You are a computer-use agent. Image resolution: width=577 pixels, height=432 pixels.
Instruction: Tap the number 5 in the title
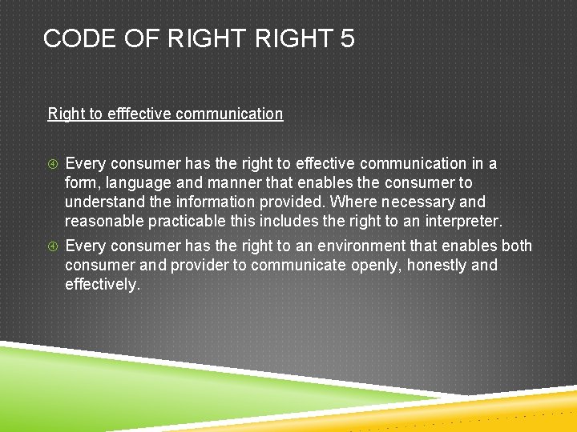[347, 38]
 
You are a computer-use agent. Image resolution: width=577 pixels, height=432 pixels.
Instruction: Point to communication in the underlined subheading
[229, 114]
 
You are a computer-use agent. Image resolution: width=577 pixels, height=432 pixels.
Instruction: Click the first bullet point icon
[53, 165]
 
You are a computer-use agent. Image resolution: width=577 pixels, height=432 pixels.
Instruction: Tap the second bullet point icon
[53, 246]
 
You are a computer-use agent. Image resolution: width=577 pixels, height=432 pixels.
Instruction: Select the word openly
[374, 265]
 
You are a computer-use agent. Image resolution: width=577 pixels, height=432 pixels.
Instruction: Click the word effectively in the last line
[102, 284]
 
